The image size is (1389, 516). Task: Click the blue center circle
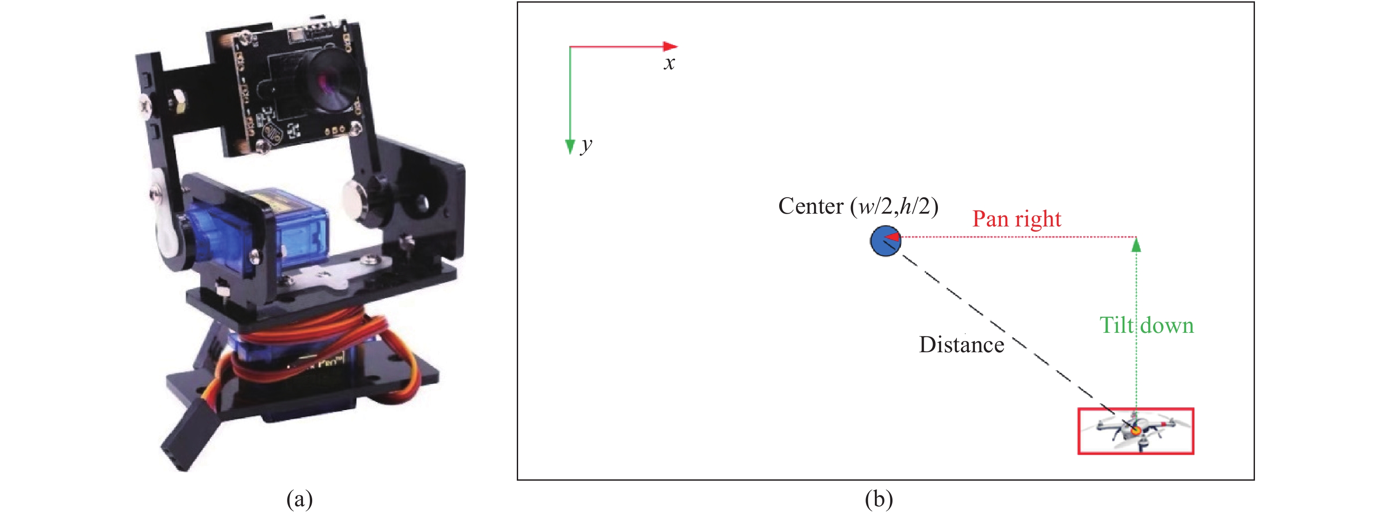coord(885,241)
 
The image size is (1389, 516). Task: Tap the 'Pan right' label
coord(1016,218)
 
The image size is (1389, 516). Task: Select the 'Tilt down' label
coord(1146,325)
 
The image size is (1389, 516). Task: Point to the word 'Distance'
coord(961,344)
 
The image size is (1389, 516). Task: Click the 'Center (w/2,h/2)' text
coord(858,206)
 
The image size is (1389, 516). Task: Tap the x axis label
coord(669,64)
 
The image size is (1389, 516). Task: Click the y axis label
coord(586,145)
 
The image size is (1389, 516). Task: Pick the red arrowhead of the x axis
coord(670,46)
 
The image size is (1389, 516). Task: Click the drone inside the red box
coord(1135,431)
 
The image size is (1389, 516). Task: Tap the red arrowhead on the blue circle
coord(892,237)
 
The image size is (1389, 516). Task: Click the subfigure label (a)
coord(299,498)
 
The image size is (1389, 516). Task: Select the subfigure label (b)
coord(878,498)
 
